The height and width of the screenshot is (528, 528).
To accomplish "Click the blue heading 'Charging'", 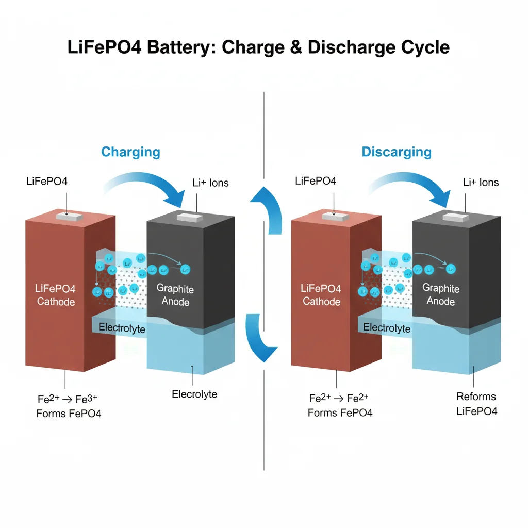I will tap(130, 152).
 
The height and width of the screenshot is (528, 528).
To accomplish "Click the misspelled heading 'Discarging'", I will tap(397, 152).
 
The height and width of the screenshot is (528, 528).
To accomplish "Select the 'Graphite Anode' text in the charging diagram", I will tap(175, 294).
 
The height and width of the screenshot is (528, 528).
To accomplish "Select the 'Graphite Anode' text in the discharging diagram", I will tap(441, 294).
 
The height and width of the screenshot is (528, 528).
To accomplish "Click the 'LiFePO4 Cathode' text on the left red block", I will tap(56, 295).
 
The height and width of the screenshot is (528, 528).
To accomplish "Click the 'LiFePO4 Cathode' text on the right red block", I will tap(321, 295).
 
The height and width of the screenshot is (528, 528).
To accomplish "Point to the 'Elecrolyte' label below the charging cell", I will tap(194, 394).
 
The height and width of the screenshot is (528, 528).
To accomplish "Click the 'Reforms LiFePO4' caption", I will tap(476, 404).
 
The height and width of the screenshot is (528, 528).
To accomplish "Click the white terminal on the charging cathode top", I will tap(70, 217).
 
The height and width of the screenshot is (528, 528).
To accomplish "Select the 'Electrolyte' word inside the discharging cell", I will tap(387, 328).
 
